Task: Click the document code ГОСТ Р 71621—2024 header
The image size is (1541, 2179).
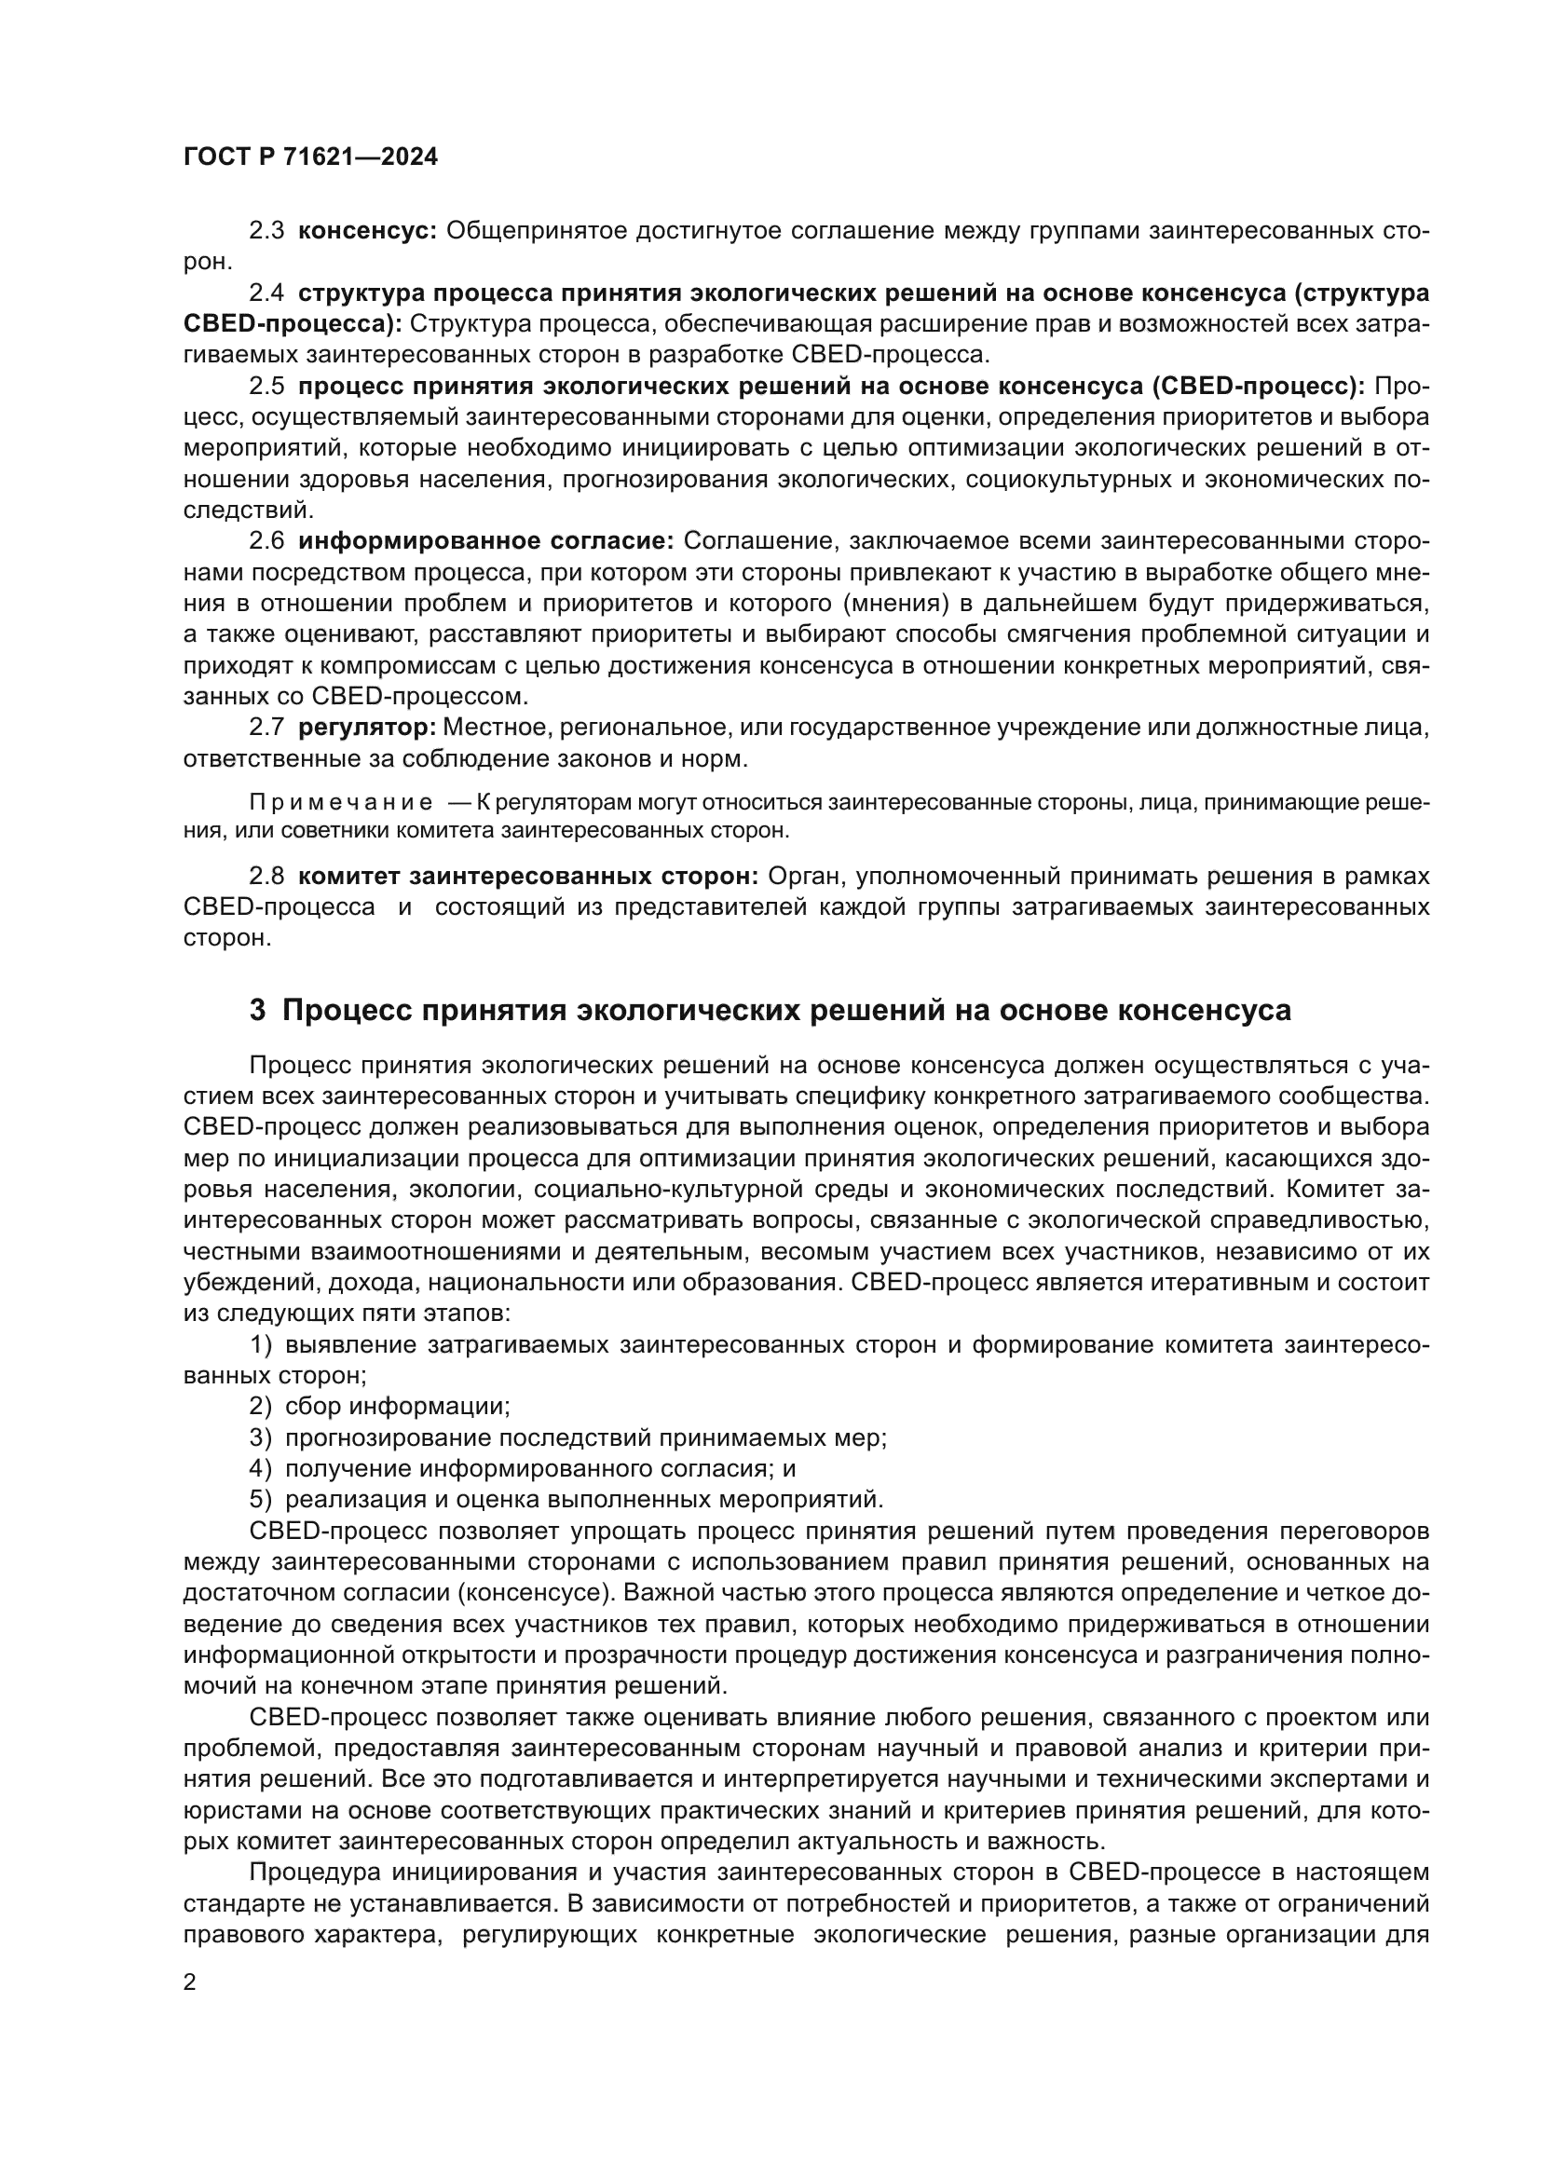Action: coord(310,157)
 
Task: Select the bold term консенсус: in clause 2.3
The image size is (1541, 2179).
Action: coord(366,231)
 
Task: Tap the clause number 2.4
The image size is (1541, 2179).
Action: coord(266,293)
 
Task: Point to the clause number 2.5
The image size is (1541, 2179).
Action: coord(266,387)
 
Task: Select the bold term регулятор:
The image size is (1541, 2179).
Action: coord(366,728)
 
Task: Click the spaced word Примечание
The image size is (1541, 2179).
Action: coord(341,803)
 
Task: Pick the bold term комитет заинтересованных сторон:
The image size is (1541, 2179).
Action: coord(527,875)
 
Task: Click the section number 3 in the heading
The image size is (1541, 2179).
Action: coord(257,1010)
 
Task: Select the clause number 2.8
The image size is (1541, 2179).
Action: coord(266,875)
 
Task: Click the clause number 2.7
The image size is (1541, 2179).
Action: coord(266,728)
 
